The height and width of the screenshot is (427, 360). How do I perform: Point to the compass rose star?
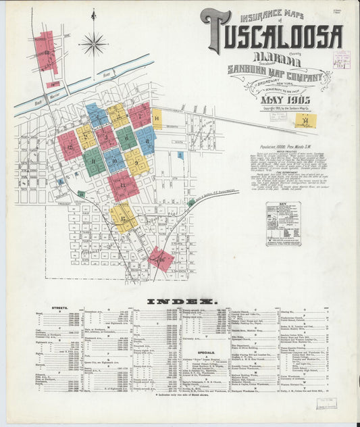pos(93,45)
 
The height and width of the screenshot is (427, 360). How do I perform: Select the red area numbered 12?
pos(69,145)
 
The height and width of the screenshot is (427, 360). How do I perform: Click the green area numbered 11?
pos(93,162)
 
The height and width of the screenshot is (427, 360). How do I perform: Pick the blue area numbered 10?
pos(113,160)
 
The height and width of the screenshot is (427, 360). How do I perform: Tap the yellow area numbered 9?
pos(136,161)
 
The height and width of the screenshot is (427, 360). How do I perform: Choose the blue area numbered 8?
pos(145,140)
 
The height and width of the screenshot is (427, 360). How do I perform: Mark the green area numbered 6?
pos(126,138)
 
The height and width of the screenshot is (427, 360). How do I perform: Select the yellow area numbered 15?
pos(124,216)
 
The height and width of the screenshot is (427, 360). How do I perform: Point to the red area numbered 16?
pos(161,257)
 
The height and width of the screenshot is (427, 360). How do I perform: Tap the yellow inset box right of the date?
pos(306,121)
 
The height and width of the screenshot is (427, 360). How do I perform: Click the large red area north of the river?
pos(47,52)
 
